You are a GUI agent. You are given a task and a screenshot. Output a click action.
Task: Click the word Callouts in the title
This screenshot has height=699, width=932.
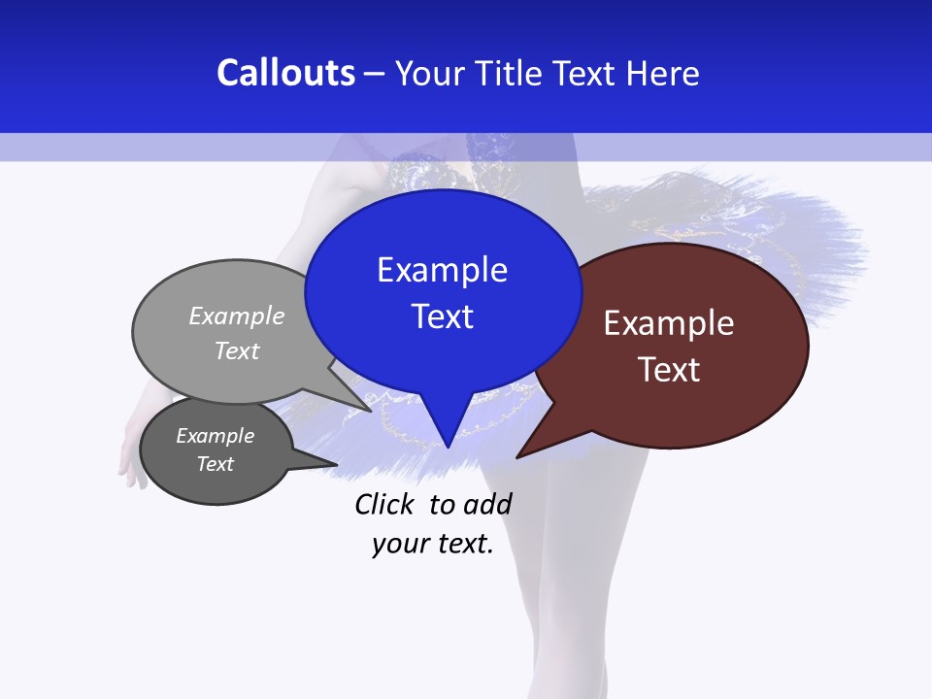pos(285,73)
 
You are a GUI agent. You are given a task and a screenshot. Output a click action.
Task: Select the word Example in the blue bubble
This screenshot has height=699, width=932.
pos(442,270)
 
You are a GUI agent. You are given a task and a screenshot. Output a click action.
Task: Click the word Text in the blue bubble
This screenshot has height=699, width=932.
pos(442,316)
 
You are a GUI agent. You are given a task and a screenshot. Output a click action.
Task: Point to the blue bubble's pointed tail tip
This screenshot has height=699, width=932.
pos(448,447)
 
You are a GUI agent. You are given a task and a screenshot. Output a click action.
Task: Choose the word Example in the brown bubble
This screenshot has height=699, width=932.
pos(669,323)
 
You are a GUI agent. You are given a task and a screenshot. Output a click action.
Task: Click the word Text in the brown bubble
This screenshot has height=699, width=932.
pos(669,370)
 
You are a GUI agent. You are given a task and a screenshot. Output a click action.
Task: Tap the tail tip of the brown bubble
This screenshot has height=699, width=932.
pos(517,456)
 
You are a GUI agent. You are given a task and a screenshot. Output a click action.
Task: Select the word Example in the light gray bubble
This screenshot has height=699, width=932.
pos(237,316)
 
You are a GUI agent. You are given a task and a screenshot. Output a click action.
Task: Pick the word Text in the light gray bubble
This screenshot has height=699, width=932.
pos(237,350)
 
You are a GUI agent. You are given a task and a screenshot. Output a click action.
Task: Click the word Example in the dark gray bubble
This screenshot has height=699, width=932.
pos(215,436)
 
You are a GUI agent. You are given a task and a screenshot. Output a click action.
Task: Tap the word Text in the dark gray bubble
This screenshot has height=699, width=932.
pos(215,464)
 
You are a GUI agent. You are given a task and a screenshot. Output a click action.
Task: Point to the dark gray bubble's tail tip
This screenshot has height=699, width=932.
pos(336,465)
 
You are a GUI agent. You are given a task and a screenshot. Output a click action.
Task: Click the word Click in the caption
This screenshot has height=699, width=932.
pos(383,504)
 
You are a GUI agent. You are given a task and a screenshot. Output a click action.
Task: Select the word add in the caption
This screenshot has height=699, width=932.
pos(486,504)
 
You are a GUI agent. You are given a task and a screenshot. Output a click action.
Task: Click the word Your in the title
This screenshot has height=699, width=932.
pos(430,74)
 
